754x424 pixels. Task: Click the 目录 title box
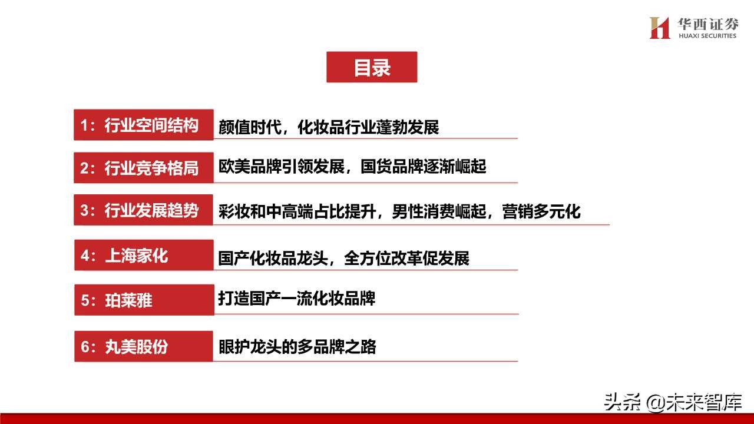click(372, 67)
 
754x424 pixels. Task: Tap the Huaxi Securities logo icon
click(660, 28)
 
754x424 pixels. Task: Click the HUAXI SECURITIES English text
click(707, 36)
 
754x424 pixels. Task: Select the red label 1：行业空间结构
click(143, 125)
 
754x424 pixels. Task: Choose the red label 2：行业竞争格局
click(143, 168)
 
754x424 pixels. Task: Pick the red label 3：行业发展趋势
click(143, 211)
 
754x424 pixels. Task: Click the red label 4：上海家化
click(143, 256)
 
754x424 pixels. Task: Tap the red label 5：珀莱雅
click(143, 300)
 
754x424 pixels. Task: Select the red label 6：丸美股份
click(143, 346)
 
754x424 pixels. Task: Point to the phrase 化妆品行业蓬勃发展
click(368, 127)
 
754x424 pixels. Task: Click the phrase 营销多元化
click(541, 211)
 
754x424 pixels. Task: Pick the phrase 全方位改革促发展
click(406, 258)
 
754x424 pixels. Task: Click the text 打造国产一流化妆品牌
click(296, 299)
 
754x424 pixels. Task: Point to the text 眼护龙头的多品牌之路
click(297, 346)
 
